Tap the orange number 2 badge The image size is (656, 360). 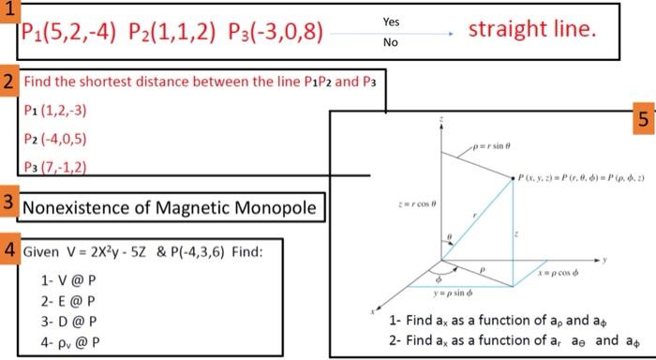tap(9, 82)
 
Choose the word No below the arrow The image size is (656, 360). tap(391, 43)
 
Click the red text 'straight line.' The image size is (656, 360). tap(532, 31)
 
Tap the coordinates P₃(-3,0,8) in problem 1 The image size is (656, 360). tap(276, 37)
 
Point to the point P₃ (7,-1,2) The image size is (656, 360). tap(56, 167)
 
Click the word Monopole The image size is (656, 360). tap(271, 207)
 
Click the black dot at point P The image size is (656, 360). tap(514, 176)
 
